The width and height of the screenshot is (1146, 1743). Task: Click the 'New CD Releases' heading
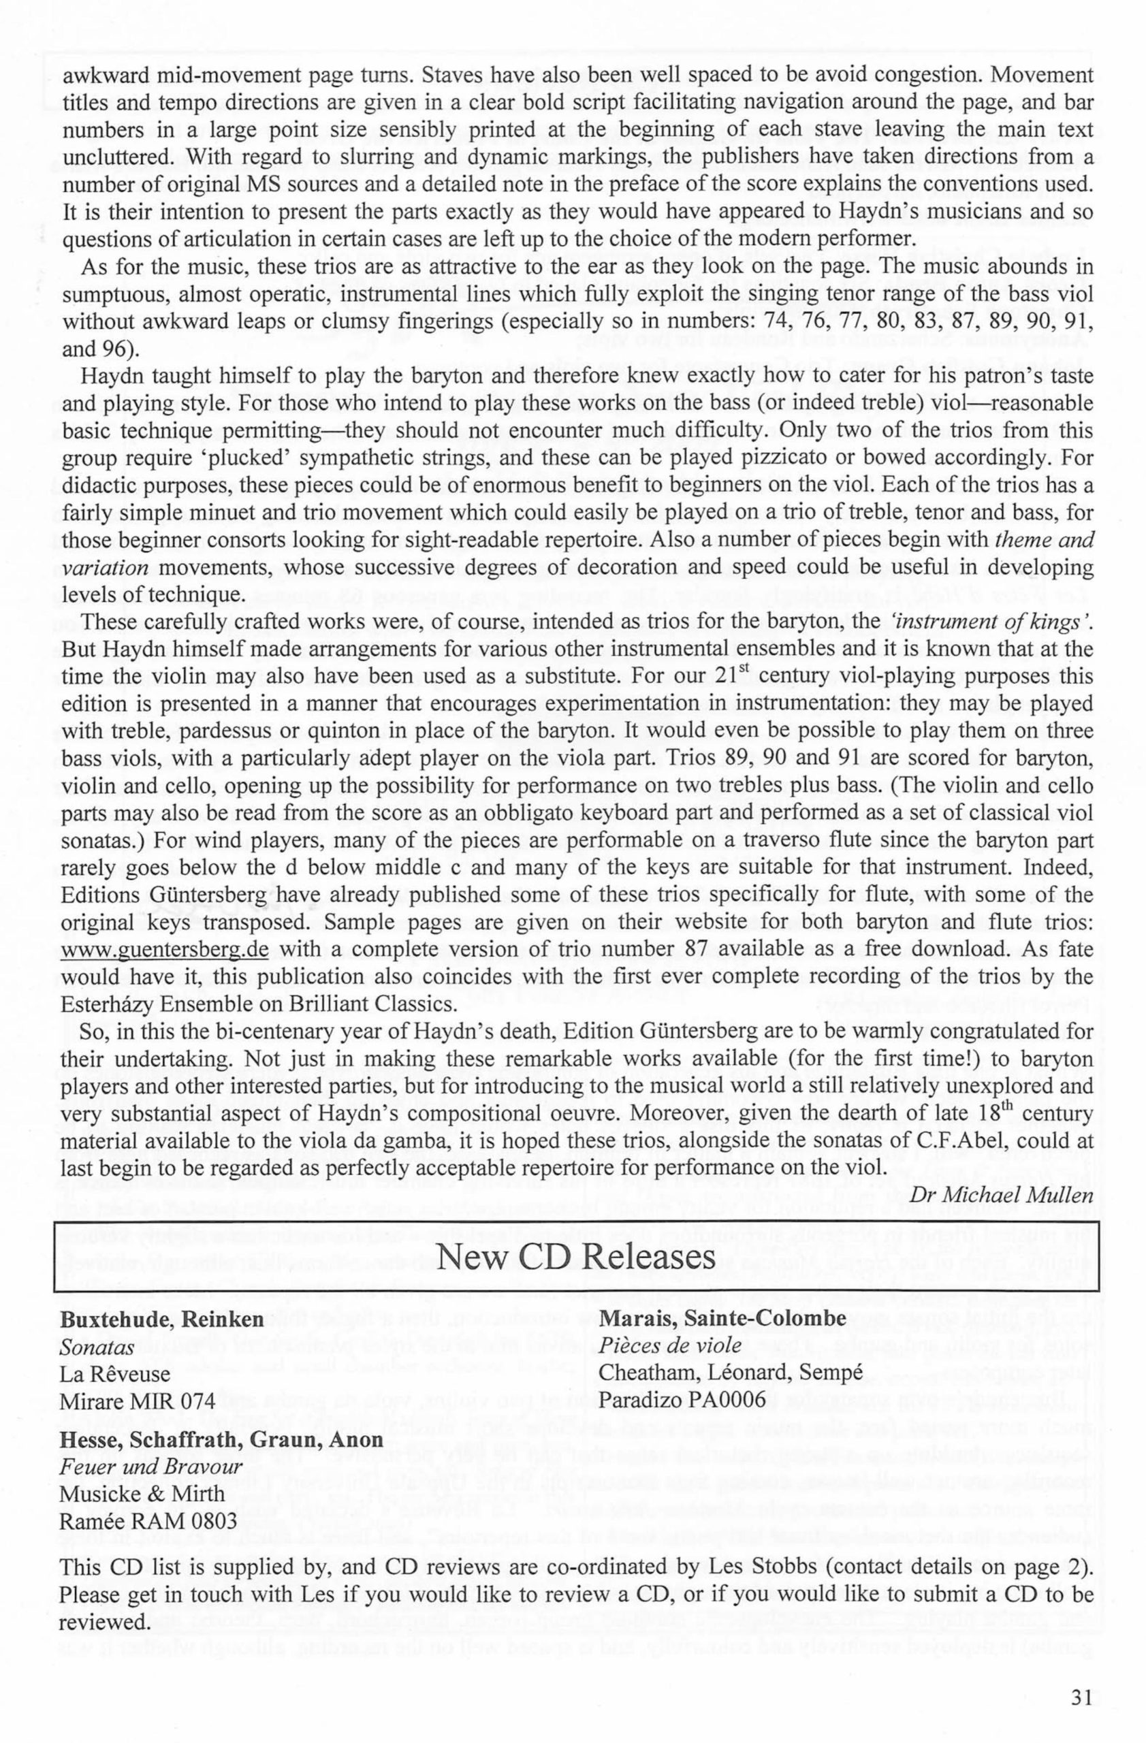[575, 1257]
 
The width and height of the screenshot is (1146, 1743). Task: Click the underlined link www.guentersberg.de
[165, 950]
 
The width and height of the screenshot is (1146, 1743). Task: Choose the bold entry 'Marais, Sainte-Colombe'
[722, 1320]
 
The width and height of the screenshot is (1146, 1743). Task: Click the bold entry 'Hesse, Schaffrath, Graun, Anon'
[221, 1440]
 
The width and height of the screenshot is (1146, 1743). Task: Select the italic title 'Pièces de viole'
[670, 1346]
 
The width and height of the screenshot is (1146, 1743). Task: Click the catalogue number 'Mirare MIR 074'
[138, 1402]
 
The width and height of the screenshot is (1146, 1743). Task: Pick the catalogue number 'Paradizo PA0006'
[682, 1401]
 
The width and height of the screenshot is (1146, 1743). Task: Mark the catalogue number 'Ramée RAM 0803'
[148, 1521]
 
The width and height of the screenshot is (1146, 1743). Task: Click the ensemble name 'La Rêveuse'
[114, 1374]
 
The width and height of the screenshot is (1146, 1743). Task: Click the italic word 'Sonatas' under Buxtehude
[97, 1347]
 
